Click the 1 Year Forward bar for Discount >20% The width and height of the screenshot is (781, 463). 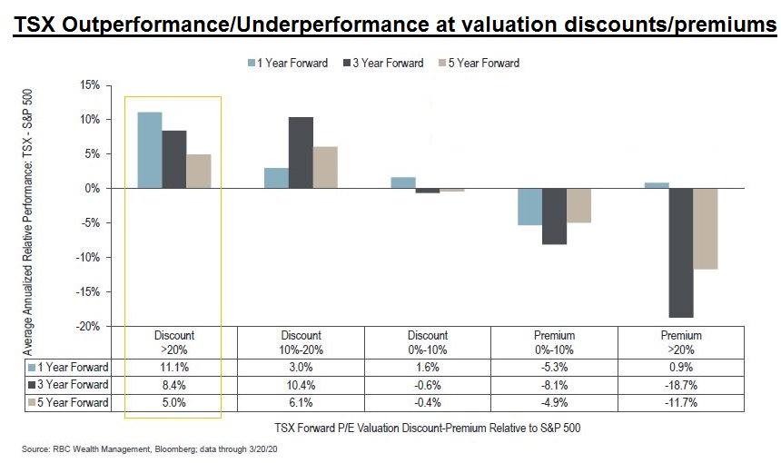149,150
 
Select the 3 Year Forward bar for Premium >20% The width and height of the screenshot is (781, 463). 680,252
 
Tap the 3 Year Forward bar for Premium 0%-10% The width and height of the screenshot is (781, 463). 553,216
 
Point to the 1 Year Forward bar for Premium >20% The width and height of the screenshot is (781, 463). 656,185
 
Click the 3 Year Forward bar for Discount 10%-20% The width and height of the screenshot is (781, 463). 301,153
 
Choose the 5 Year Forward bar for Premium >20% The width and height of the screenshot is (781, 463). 705,228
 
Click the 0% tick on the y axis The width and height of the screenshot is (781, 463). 91,188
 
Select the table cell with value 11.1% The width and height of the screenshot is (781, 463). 173,368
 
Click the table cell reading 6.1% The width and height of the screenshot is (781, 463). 300,402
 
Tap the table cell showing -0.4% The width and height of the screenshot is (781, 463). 427,402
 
